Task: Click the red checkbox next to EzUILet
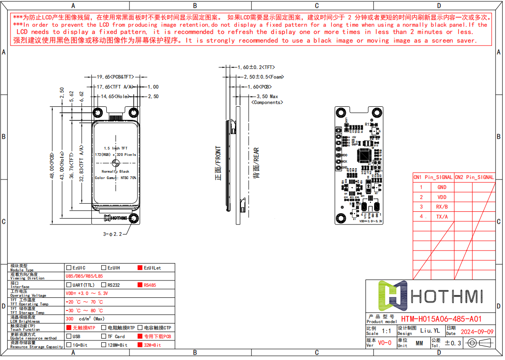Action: point(140,268)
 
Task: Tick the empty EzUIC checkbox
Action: point(69,268)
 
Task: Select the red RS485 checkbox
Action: point(140,285)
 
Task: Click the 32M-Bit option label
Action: point(152,345)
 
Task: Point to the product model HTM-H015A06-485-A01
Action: point(441,319)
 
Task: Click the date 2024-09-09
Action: point(477,332)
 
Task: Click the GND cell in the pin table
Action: point(441,187)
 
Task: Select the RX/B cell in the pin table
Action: point(441,207)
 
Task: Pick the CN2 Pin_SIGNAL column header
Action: point(474,177)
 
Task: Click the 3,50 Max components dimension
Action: point(267,97)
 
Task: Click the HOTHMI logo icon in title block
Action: point(392,296)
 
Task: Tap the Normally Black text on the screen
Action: point(115,171)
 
